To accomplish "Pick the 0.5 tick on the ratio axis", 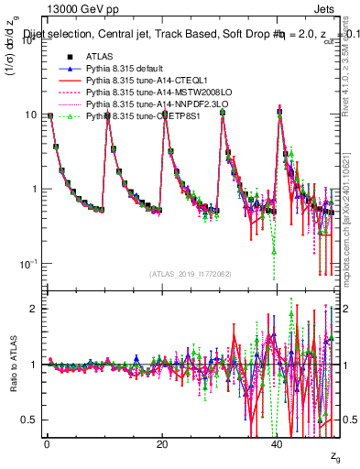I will click(x=33, y=420).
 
